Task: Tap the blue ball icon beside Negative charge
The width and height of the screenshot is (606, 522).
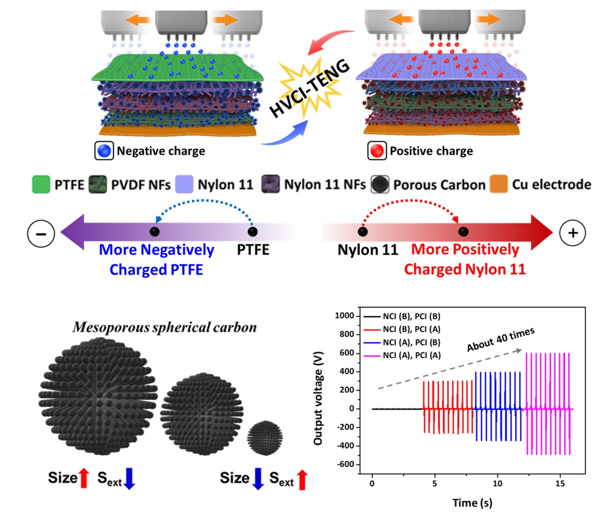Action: click(x=104, y=151)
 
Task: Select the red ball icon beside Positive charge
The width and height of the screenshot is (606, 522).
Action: click(x=377, y=151)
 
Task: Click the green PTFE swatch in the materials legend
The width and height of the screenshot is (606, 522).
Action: click(x=41, y=185)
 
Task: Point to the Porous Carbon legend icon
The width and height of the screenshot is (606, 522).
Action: click(x=380, y=185)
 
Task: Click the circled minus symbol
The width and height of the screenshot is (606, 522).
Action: click(x=41, y=233)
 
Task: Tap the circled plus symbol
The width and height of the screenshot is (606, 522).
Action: click(x=573, y=233)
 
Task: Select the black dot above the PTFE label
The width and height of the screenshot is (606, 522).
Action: click(x=252, y=232)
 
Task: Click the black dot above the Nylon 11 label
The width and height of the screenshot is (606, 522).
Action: click(x=362, y=232)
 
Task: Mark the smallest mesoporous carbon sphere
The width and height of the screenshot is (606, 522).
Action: click(x=265, y=438)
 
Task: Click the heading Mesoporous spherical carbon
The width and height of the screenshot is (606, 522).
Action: click(x=164, y=328)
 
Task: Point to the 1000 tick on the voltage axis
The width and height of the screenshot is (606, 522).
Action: click(x=345, y=316)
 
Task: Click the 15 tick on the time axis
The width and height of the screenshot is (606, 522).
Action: click(x=560, y=483)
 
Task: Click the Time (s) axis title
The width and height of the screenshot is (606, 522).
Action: click(x=472, y=502)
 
